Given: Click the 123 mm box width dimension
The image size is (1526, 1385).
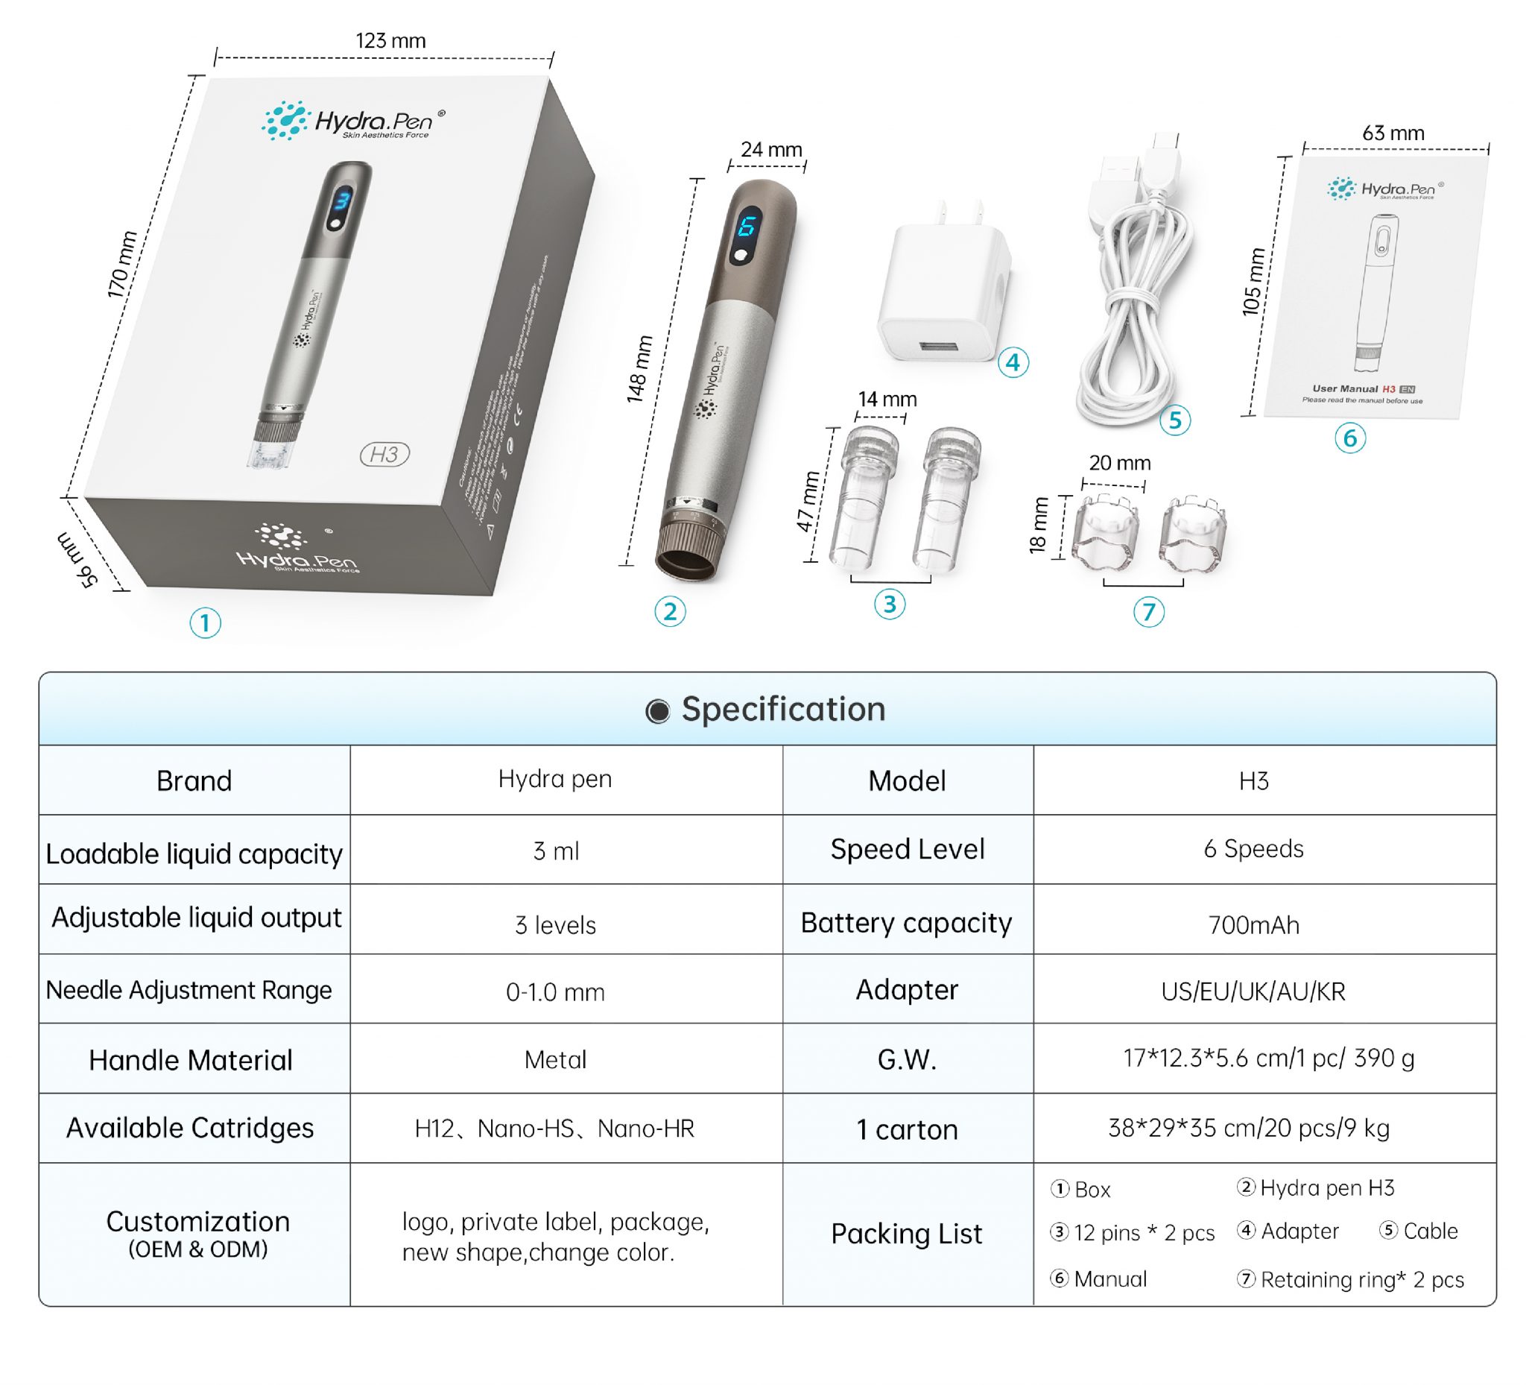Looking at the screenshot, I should (390, 41).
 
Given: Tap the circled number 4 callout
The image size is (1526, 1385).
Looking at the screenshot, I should (1013, 363).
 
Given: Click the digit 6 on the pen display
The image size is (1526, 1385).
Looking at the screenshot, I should (747, 227).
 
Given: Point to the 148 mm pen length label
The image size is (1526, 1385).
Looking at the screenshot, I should (639, 369).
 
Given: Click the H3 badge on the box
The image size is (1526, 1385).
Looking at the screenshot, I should (384, 455).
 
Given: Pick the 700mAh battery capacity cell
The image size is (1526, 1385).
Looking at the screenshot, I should (1253, 925).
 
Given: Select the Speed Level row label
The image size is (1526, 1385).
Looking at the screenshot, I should (907, 850).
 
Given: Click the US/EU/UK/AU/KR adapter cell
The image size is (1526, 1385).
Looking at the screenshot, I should (1253, 991).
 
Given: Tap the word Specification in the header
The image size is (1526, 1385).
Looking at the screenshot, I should (782, 710).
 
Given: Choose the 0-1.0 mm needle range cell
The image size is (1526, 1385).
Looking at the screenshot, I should (555, 992).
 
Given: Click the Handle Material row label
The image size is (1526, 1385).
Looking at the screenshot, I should (191, 1060).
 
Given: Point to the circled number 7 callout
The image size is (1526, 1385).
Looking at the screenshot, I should (1148, 612).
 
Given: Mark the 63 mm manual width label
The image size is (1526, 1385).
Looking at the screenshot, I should (1393, 133).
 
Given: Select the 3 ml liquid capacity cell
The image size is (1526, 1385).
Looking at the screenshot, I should (556, 851).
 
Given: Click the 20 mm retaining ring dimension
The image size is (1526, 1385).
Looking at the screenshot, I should (1119, 463).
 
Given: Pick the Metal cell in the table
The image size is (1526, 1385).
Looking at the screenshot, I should (555, 1060).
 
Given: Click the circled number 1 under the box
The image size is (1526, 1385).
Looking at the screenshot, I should (205, 623).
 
